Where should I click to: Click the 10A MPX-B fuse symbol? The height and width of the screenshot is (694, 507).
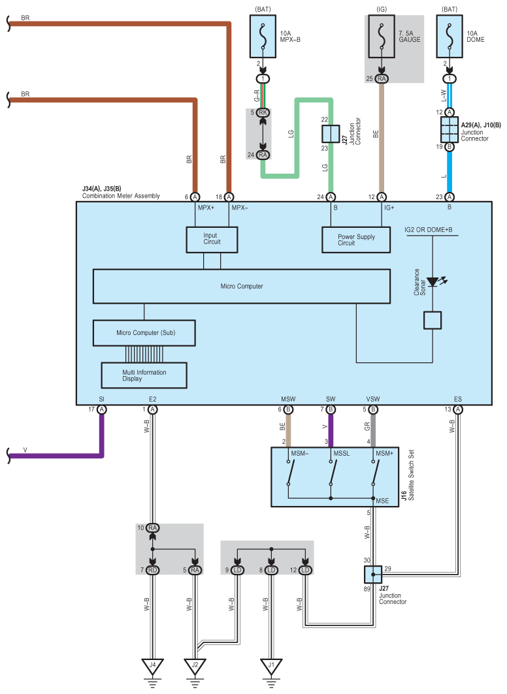(263, 37)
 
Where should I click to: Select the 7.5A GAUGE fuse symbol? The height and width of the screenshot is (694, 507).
(382, 37)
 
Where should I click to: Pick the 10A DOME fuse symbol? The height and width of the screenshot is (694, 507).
(450, 37)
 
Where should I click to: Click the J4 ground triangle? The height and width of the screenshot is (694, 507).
(152, 666)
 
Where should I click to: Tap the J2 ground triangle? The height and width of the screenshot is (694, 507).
(195, 666)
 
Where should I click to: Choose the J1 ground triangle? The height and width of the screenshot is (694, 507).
(271, 666)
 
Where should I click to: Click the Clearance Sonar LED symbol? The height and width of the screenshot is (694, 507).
(433, 281)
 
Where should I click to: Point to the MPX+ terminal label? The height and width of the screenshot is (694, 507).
(206, 208)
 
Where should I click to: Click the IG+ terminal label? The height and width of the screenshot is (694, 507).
(389, 208)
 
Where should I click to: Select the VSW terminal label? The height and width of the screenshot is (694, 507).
(373, 399)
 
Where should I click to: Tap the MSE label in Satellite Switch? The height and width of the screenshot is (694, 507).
(382, 501)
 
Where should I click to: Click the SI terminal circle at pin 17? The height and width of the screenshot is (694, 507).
(102, 409)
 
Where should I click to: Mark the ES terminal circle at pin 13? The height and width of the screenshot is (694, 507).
(458, 409)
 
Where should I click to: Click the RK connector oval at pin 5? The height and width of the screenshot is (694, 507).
(263, 112)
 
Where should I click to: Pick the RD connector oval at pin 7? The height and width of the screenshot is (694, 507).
(153, 570)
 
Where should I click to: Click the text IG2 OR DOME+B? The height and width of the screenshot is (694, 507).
(428, 230)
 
